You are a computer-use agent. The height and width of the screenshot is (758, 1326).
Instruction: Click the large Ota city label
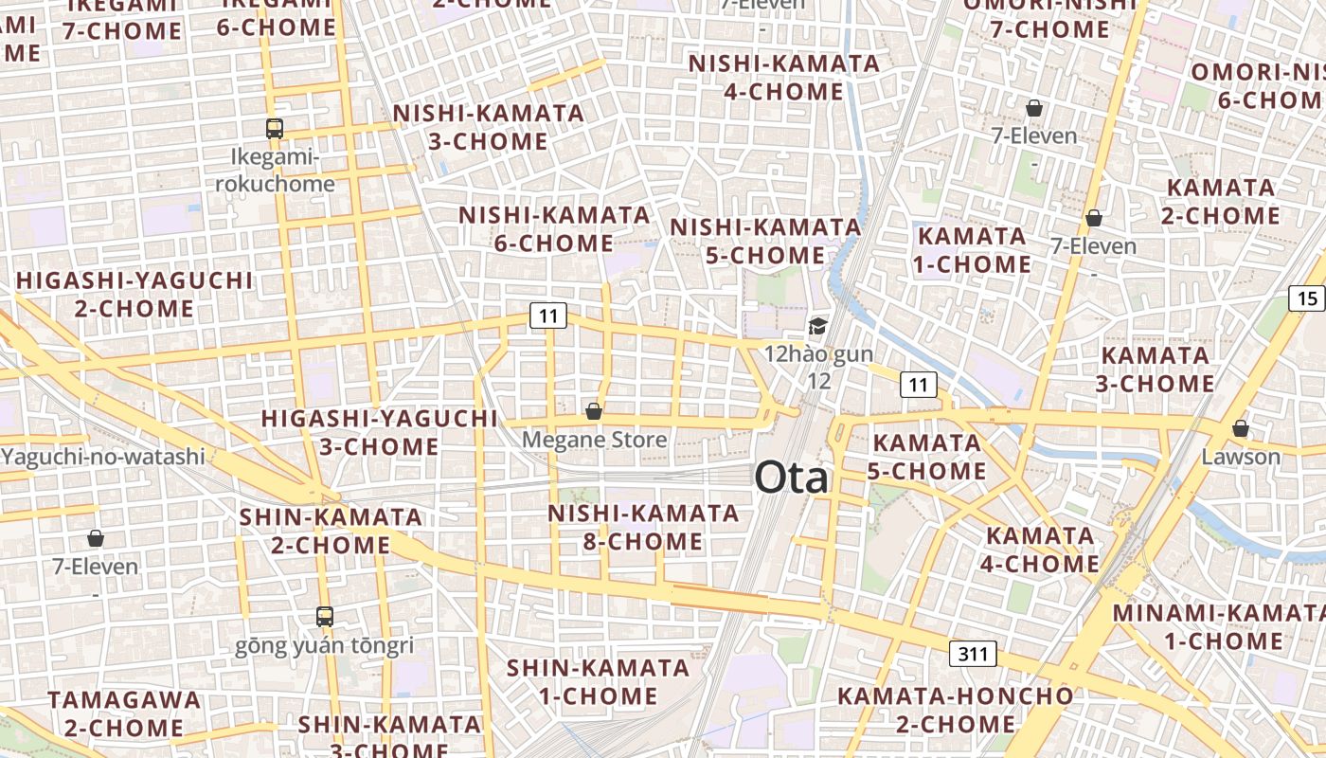pos(791,478)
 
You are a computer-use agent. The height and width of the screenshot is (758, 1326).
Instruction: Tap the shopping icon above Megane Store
pos(594,411)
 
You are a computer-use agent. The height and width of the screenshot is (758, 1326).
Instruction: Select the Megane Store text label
pos(594,440)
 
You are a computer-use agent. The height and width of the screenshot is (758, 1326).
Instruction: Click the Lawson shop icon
pos(1240,428)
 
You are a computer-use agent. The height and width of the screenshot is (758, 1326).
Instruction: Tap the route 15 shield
pos(1307,299)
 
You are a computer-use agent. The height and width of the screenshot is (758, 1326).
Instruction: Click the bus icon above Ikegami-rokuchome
pos(275,129)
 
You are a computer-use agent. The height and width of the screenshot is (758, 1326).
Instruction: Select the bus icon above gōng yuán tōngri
pos(325,617)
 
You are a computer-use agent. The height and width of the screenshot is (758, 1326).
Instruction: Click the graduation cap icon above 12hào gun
pos(816,327)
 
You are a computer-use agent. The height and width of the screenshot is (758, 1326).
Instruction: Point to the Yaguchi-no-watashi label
pos(102,457)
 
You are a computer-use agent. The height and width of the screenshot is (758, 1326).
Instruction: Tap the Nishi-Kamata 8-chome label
pos(643,528)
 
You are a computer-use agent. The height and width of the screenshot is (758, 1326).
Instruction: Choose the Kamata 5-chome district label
pos(926,457)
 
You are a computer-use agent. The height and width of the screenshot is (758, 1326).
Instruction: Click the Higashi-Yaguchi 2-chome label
pos(134,295)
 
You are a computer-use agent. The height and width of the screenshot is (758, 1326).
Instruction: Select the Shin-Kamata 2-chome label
pos(331,531)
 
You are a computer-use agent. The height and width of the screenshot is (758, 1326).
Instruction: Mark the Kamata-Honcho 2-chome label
pos(955,710)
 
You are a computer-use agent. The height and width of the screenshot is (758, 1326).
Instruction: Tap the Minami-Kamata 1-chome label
pos(1222,626)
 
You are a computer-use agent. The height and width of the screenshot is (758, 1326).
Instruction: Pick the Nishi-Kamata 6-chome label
pos(554,228)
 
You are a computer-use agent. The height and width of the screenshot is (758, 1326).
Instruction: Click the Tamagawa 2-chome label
pos(124,713)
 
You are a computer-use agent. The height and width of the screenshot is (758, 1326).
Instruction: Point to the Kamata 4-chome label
pos(1041,550)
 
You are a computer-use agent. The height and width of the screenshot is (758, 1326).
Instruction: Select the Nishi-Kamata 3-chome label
pos(488,127)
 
